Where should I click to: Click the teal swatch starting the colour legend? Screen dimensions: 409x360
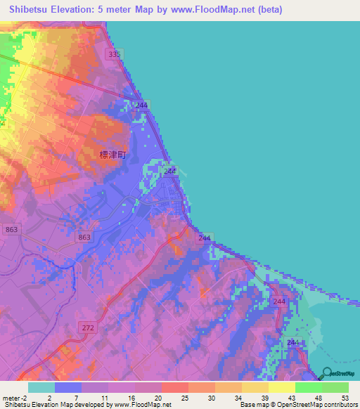coord(41,387)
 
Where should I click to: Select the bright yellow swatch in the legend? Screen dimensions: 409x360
coord(282,387)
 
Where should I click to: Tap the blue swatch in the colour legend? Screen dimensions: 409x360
coord(68,387)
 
